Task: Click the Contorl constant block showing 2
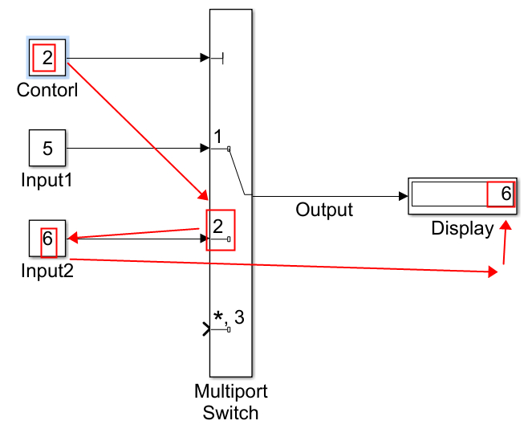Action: coord(47,58)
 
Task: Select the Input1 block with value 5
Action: coord(47,149)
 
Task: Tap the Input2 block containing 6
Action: coord(47,239)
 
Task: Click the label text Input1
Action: coord(47,180)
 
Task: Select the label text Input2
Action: coord(47,271)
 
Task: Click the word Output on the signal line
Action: coord(324,210)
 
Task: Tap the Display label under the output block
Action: coord(462,228)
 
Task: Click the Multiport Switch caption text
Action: coord(231,402)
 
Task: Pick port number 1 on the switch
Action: coord(217,136)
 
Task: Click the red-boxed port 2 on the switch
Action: coord(220,229)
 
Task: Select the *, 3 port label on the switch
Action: coord(228,317)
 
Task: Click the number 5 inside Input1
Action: coord(47,149)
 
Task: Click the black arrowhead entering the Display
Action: coord(403,195)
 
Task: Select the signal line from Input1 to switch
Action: coord(136,149)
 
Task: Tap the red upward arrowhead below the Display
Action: coord(506,227)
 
